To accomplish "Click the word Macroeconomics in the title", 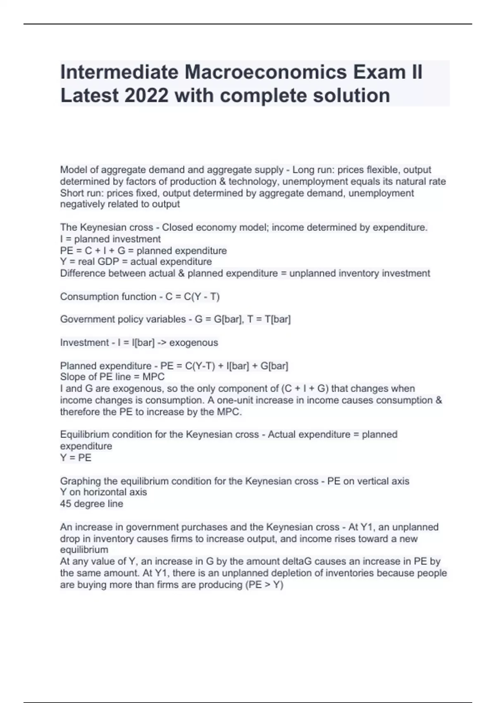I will pos(266,72).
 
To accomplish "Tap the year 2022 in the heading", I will pos(146,96).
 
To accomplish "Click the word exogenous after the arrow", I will pos(193,342).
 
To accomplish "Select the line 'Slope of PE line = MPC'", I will pos(112,377).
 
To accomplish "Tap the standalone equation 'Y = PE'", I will pos(76,458).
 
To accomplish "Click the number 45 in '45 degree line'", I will pos(65,504).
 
